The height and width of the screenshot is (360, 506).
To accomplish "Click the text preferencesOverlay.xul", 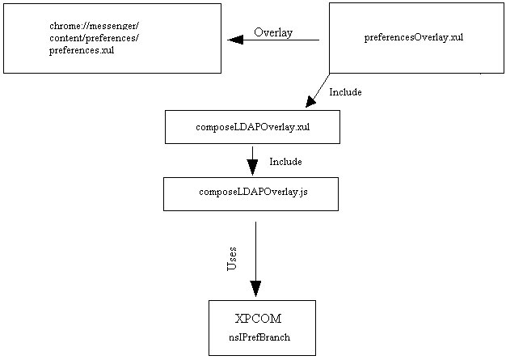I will coord(413,37).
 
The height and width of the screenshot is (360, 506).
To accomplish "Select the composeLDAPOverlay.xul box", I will coord(252,127).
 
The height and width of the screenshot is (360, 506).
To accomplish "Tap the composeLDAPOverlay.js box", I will coord(251,193).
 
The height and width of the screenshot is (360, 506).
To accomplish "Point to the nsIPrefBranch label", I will coord(259,337).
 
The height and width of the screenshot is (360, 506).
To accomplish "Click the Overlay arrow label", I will coord(273,32).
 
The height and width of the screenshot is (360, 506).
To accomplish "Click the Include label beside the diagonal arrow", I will coord(345,92).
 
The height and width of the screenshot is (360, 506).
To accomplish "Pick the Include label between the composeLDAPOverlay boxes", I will coord(285,162).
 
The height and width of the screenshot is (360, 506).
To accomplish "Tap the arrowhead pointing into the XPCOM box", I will coord(255,289).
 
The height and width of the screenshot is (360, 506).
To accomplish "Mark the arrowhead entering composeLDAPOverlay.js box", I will coord(252,167).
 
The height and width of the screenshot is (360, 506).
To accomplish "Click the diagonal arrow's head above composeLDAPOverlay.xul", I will coord(311,101).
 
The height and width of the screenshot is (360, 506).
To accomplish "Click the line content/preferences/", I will coord(94,38).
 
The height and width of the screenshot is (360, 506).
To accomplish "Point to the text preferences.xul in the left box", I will coord(81,50).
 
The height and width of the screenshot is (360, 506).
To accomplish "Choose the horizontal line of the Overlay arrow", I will coord(283,40).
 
